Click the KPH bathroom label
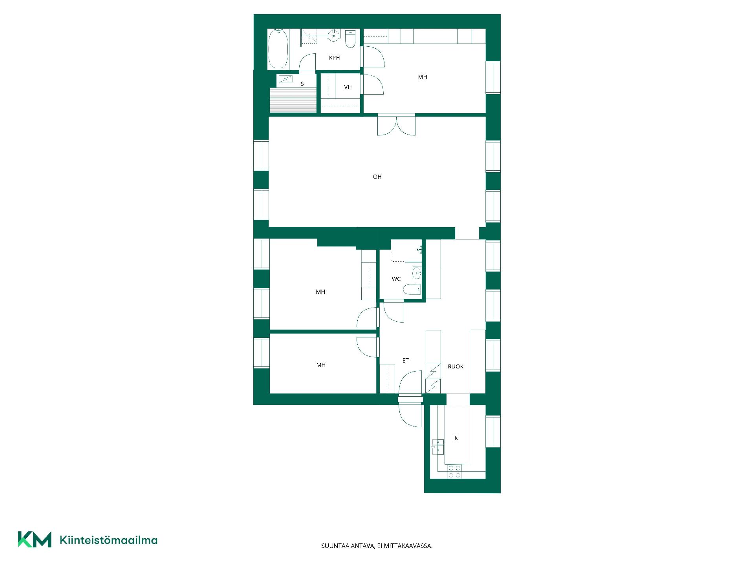[x=334, y=58]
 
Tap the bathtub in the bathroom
[x=278, y=49]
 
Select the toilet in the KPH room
[x=350, y=38]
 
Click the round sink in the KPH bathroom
[x=333, y=35]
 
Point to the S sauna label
[x=302, y=84]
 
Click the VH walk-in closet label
[x=348, y=87]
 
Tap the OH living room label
[x=377, y=177]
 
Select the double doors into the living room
[x=396, y=125]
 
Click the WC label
[x=396, y=279]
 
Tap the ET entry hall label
[x=406, y=360]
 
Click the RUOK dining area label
[x=456, y=366]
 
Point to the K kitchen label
[x=456, y=438]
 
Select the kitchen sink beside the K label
[x=438, y=447]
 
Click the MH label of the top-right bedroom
[x=423, y=77]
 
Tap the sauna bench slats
[x=293, y=100]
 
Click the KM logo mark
[x=35, y=539]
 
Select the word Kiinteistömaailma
[x=108, y=540]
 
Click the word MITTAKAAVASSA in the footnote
[x=408, y=546]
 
